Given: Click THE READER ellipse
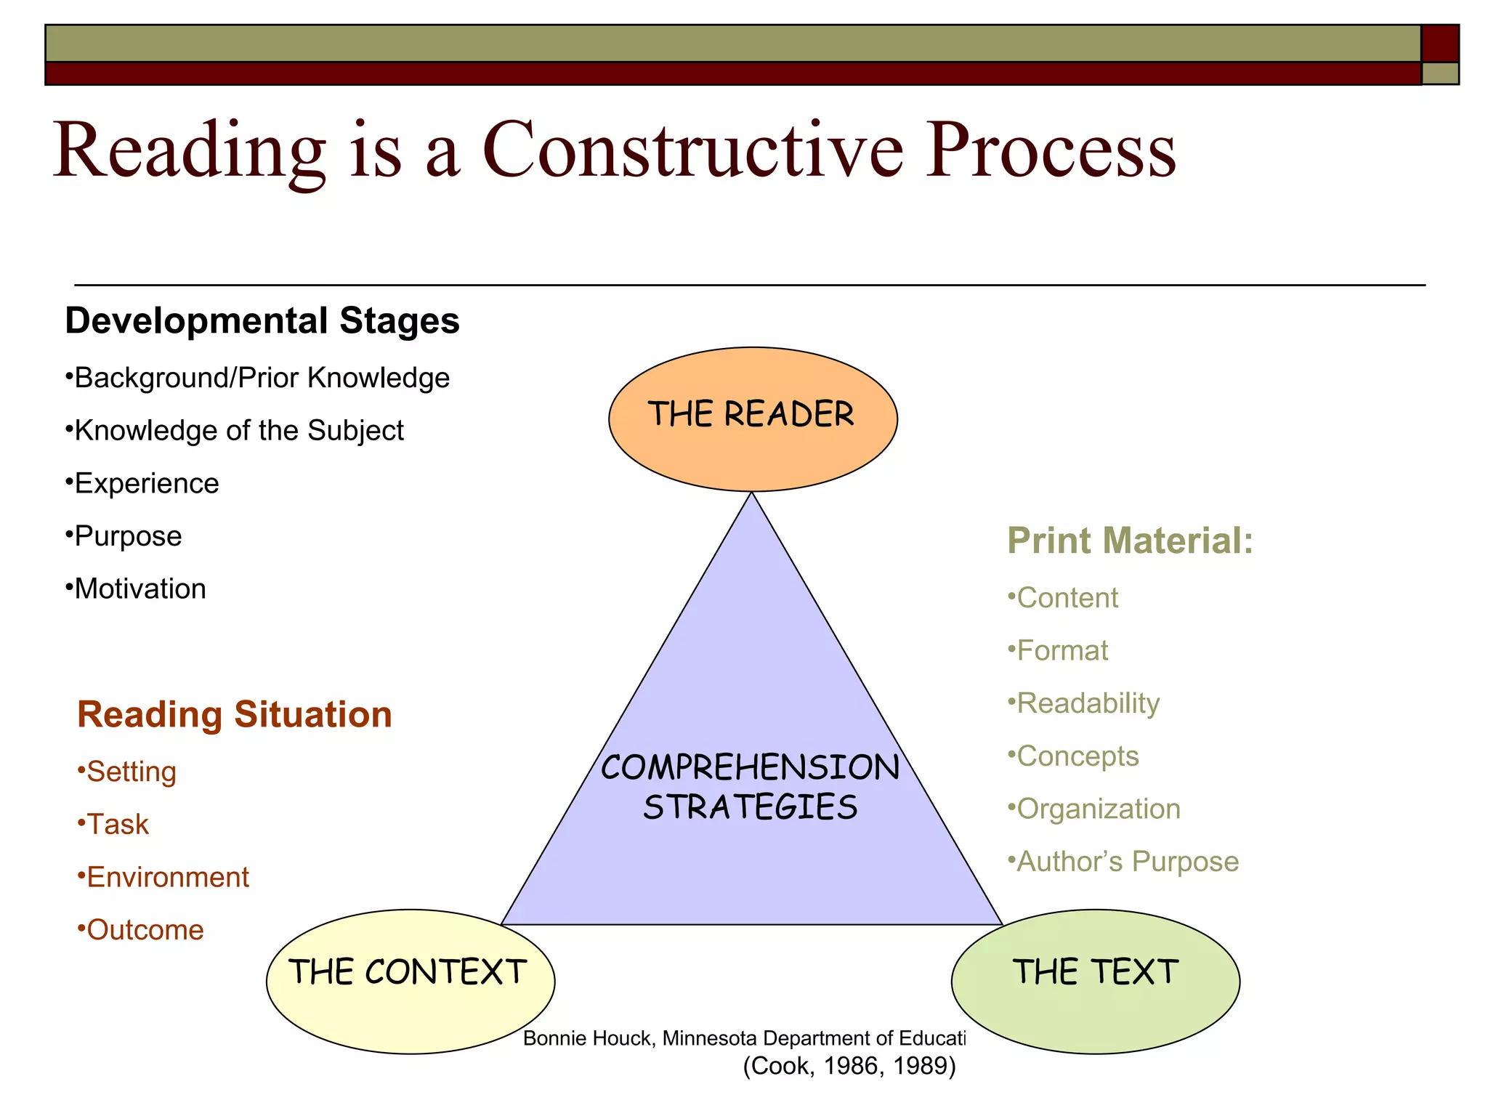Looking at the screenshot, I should [x=753, y=418].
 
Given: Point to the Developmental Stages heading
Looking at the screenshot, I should [x=262, y=320].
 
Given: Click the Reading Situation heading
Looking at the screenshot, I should [x=234, y=714].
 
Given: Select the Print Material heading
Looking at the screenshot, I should [x=1130, y=541].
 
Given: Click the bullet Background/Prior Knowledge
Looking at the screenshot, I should [x=258, y=378].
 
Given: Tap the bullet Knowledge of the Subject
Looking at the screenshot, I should [x=235, y=431].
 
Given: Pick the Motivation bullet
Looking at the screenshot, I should [x=136, y=589].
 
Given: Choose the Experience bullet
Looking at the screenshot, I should [x=143, y=484].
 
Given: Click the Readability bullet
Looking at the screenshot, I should [x=1084, y=703].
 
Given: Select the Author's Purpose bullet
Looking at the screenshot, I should [x=1123, y=862].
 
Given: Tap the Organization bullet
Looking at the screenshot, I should [x=1094, y=809].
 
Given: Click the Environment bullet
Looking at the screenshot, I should [x=164, y=878].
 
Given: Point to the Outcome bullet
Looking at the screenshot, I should [x=142, y=931].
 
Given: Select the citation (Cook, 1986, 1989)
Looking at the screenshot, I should [x=849, y=1066].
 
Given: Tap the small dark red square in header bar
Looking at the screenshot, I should [x=1439, y=44].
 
